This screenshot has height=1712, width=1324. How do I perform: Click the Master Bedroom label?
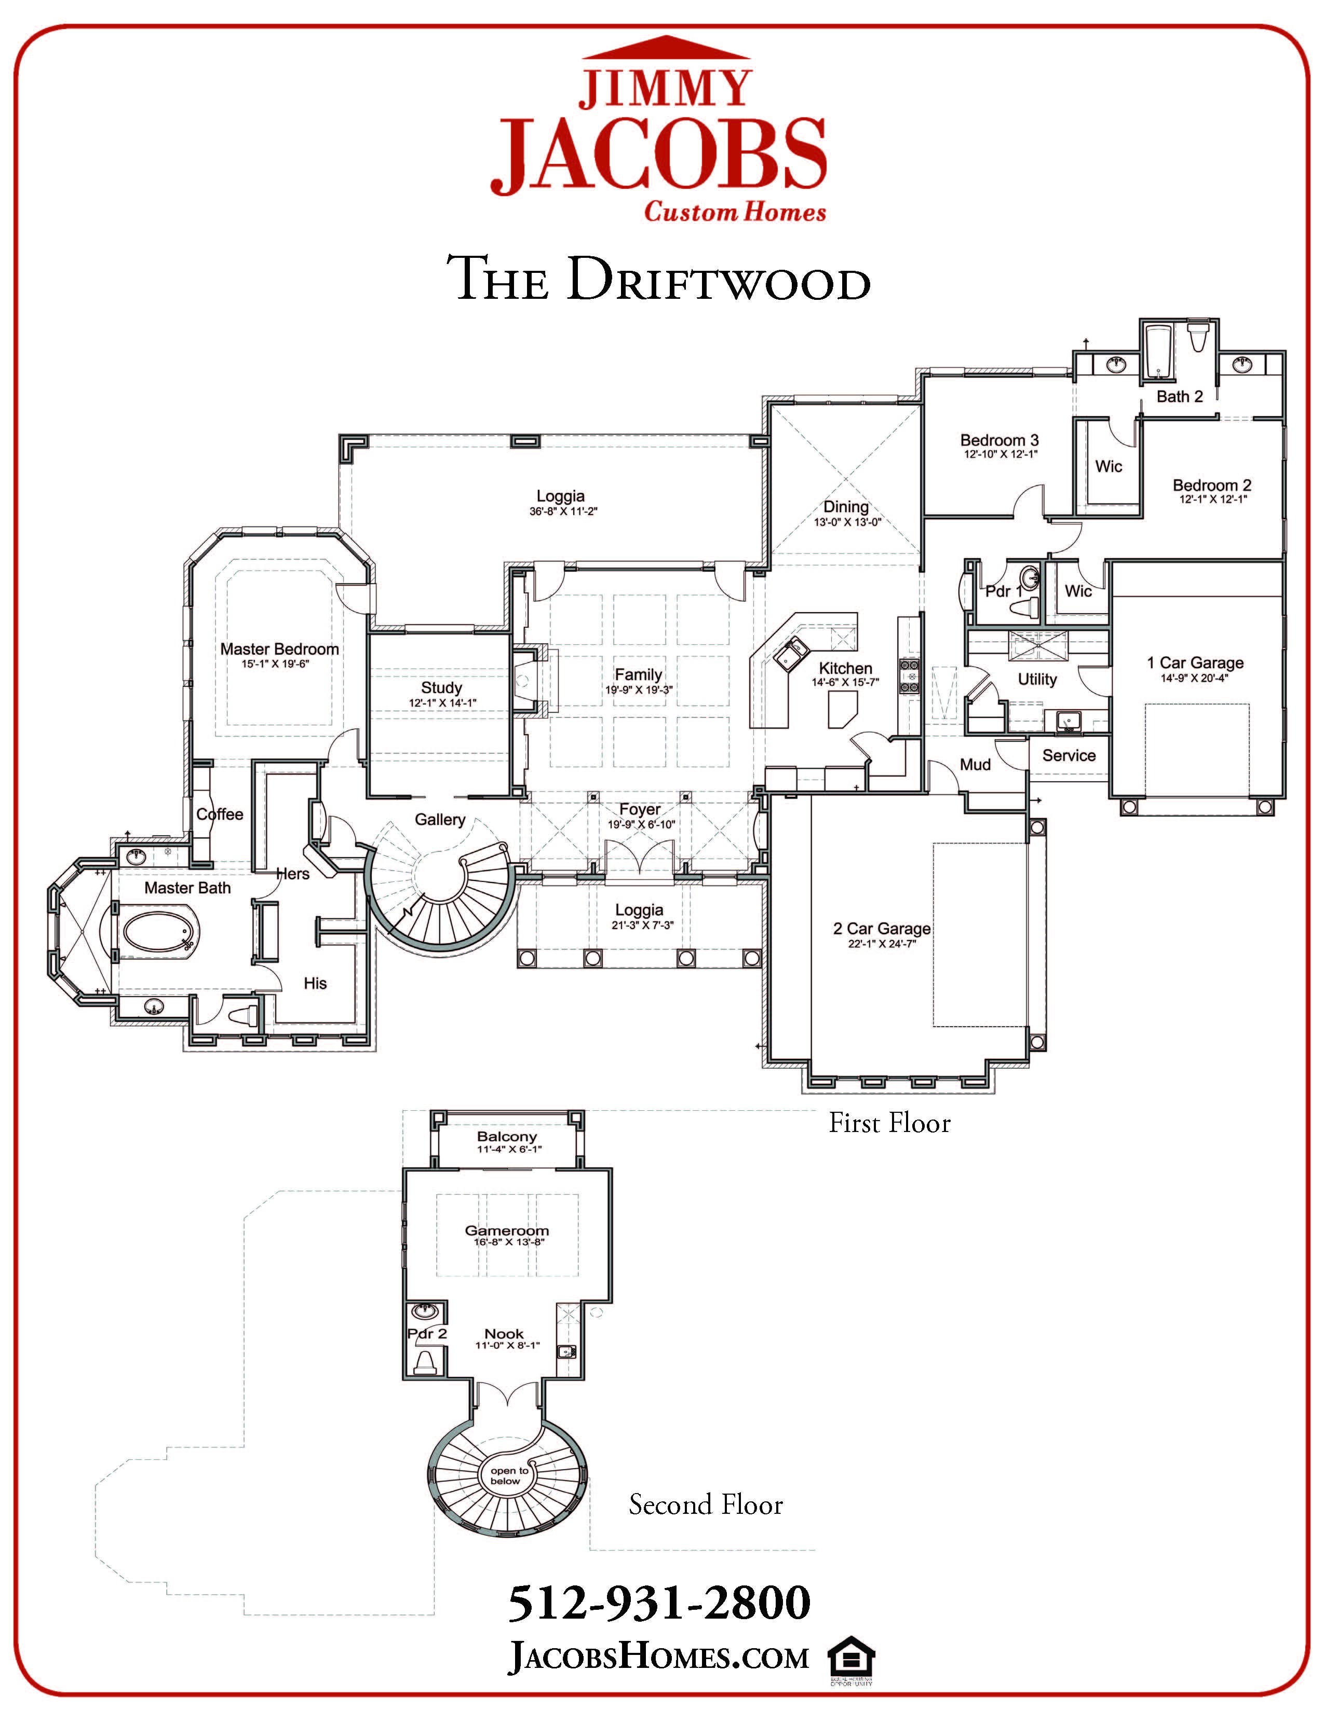pyautogui.click(x=279, y=649)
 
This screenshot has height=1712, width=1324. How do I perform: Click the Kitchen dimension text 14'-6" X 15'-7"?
pyautogui.click(x=845, y=683)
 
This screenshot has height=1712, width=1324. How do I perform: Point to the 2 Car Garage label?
pyautogui.click(x=882, y=929)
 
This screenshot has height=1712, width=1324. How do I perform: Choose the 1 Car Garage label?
pyautogui.click(x=1195, y=663)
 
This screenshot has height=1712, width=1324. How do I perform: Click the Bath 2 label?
pyautogui.click(x=1179, y=397)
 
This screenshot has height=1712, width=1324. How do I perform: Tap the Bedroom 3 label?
pyautogui.click(x=1000, y=440)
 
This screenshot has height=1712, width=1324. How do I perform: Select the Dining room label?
pyautogui.click(x=845, y=507)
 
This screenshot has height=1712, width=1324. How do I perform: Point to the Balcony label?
pyautogui.click(x=507, y=1137)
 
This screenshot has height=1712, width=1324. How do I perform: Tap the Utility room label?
pyautogui.click(x=1037, y=680)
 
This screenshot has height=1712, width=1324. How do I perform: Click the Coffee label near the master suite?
pyautogui.click(x=220, y=814)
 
